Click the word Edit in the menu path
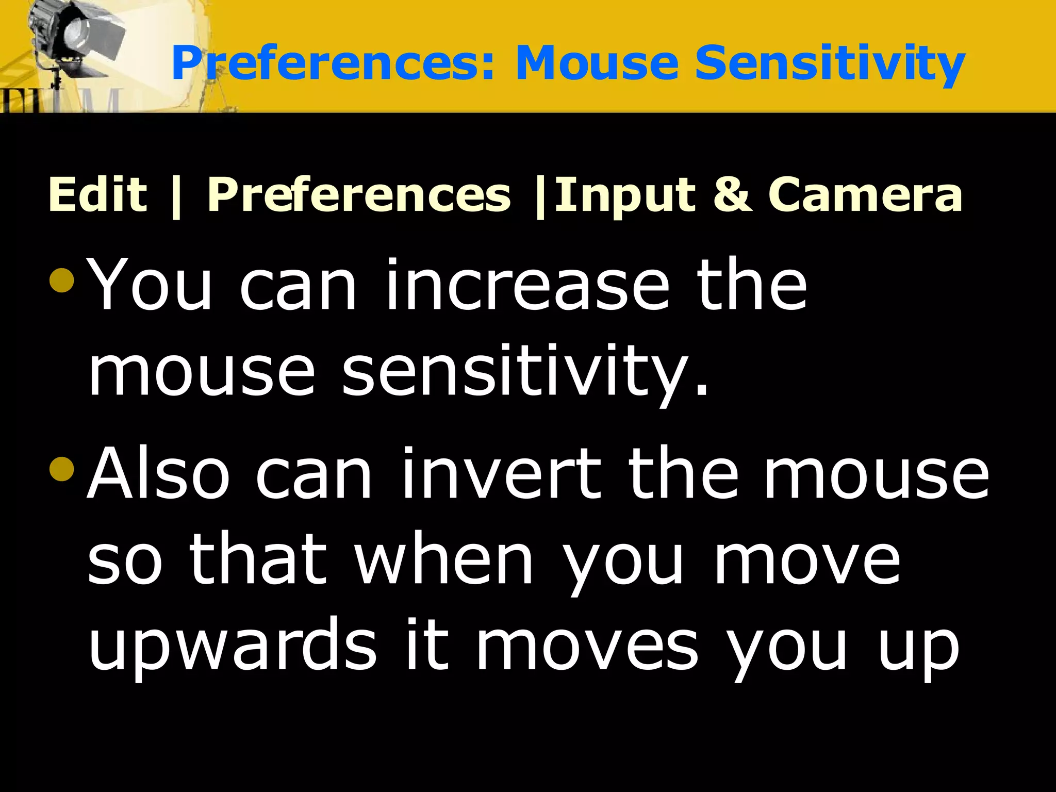point(97,194)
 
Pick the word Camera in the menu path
point(865,194)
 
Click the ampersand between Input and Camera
point(732,194)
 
